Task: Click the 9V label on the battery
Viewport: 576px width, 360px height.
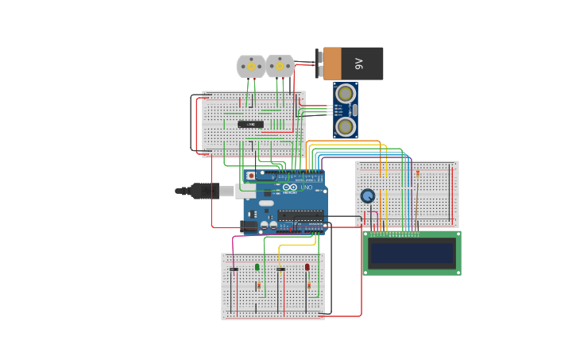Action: tap(358, 64)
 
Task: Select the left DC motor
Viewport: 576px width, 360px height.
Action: tap(251, 66)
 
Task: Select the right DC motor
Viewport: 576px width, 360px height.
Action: tap(280, 66)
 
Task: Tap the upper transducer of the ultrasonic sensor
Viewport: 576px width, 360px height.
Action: tap(345, 94)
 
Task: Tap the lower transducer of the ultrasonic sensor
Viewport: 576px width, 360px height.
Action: tap(345, 126)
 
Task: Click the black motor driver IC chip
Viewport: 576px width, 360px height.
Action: tap(250, 124)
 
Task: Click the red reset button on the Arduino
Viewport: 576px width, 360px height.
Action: tap(251, 176)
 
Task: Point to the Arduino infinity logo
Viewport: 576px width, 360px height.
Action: tap(290, 188)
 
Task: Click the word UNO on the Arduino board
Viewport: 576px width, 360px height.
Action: tap(307, 188)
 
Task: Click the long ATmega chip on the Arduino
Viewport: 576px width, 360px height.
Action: tap(300, 215)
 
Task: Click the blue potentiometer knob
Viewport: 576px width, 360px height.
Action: tap(367, 195)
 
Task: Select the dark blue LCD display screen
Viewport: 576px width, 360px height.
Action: tap(412, 253)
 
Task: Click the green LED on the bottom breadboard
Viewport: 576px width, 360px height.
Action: tap(257, 267)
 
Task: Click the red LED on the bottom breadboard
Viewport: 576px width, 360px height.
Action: tap(307, 267)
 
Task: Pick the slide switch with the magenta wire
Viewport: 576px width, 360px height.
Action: tap(234, 269)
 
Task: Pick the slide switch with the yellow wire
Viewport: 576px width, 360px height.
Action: tap(280, 269)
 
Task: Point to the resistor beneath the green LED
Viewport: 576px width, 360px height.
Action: tap(258, 285)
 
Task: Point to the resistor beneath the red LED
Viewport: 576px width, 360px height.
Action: tap(309, 285)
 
